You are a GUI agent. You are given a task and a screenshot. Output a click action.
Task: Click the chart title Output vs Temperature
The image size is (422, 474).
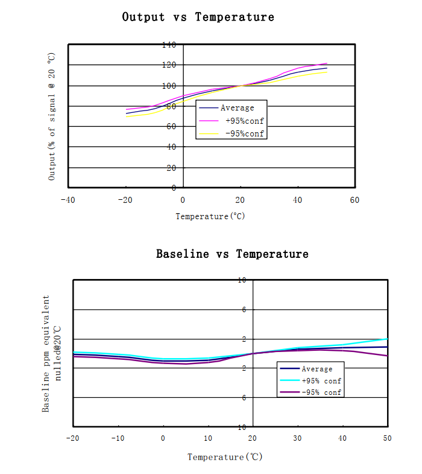198,17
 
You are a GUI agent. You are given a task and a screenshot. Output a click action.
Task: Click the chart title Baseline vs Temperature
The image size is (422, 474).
232,254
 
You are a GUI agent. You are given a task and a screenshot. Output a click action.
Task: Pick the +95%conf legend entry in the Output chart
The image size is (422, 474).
241,121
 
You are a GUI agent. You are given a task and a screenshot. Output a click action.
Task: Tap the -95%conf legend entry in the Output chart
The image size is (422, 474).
241,133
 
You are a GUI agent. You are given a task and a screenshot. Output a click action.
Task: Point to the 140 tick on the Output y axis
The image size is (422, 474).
169,45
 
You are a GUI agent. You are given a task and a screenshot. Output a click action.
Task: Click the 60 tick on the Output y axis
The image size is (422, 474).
171,126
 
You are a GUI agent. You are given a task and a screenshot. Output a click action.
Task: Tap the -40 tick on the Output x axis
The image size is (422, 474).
68,200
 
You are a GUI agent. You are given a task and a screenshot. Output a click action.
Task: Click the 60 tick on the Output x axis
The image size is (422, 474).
354,200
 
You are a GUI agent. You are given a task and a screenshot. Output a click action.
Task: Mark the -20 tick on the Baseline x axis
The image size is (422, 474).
72,438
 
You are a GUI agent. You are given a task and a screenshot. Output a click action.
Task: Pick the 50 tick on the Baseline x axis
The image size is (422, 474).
386,438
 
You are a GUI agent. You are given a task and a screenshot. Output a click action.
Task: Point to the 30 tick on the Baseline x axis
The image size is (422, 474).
297,438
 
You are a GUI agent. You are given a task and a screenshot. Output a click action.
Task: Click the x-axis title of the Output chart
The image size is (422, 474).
210,216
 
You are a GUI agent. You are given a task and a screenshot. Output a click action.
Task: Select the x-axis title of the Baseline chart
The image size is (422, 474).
225,457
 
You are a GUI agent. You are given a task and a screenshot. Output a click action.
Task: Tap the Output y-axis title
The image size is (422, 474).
52,116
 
